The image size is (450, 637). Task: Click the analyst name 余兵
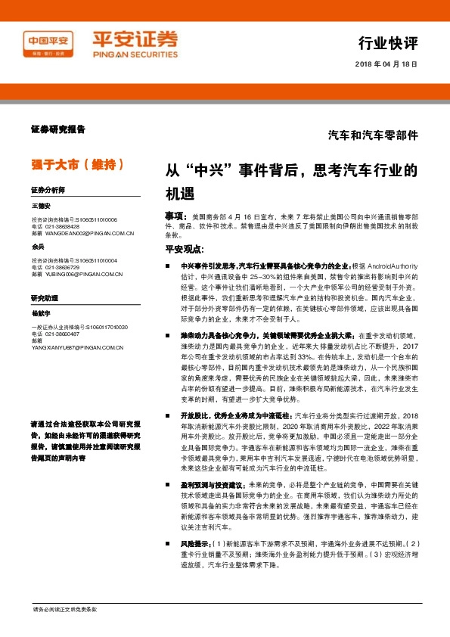pos(38,247)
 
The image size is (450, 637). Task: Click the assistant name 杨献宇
pos(41,312)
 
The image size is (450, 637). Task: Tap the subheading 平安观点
pos(184,248)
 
